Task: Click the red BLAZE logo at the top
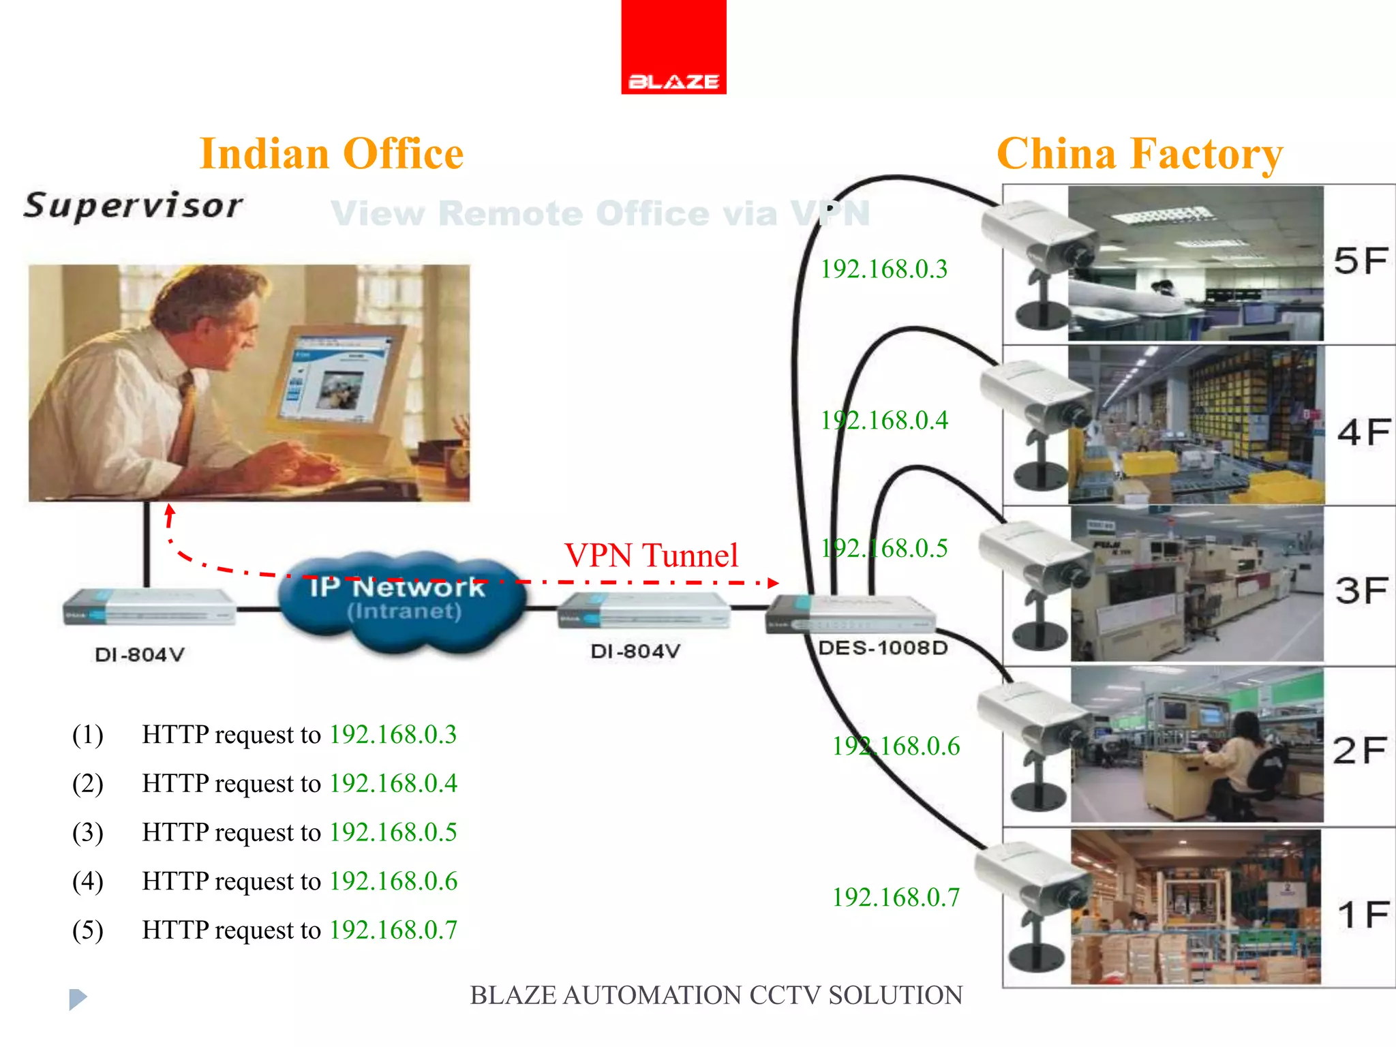673,48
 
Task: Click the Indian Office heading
331,153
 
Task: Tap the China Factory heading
1139,153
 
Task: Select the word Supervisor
133,205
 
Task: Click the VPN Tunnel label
651,555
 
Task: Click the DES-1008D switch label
883,648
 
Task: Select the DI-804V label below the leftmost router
140,655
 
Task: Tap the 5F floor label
1361,261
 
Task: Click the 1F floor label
1363,914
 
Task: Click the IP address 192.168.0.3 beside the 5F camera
883,269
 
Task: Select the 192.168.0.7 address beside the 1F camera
896,898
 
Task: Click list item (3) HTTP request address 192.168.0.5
393,832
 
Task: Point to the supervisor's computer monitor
334,378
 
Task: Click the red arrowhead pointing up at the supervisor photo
170,511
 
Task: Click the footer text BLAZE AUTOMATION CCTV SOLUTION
716,995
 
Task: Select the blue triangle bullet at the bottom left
78,999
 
